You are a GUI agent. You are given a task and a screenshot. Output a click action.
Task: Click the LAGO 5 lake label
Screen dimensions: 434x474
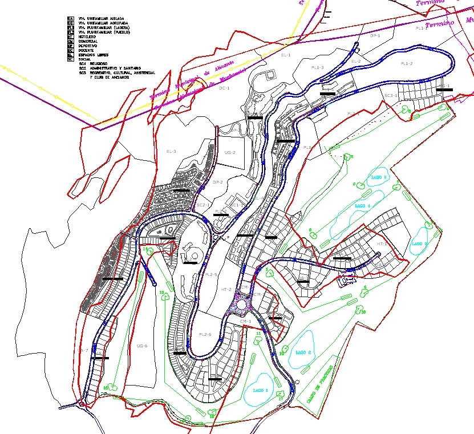point(379,177)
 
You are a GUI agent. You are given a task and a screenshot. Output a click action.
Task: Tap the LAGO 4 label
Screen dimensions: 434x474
point(362,205)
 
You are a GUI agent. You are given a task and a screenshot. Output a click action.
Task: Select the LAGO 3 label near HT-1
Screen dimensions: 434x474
point(419,244)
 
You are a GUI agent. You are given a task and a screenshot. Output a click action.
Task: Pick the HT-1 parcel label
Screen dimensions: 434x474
point(382,244)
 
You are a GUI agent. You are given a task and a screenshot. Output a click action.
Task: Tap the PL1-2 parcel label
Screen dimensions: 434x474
point(407,63)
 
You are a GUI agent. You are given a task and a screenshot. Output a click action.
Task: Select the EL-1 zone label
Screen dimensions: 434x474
point(286,55)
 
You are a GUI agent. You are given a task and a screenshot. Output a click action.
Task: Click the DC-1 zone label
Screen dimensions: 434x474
point(224,88)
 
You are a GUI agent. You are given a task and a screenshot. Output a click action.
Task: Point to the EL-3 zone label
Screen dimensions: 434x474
point(171,151)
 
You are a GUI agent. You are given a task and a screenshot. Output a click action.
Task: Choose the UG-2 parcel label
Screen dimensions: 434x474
point(230,153)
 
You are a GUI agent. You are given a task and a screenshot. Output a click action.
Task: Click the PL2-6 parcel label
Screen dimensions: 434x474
point(205,334)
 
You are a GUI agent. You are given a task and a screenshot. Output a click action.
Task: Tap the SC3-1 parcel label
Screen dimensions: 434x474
point(391,95)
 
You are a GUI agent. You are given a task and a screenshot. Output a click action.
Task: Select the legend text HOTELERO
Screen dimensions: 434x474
point(88,36)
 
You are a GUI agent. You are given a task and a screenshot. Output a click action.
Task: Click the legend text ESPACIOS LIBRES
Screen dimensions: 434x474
point(92,55)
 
